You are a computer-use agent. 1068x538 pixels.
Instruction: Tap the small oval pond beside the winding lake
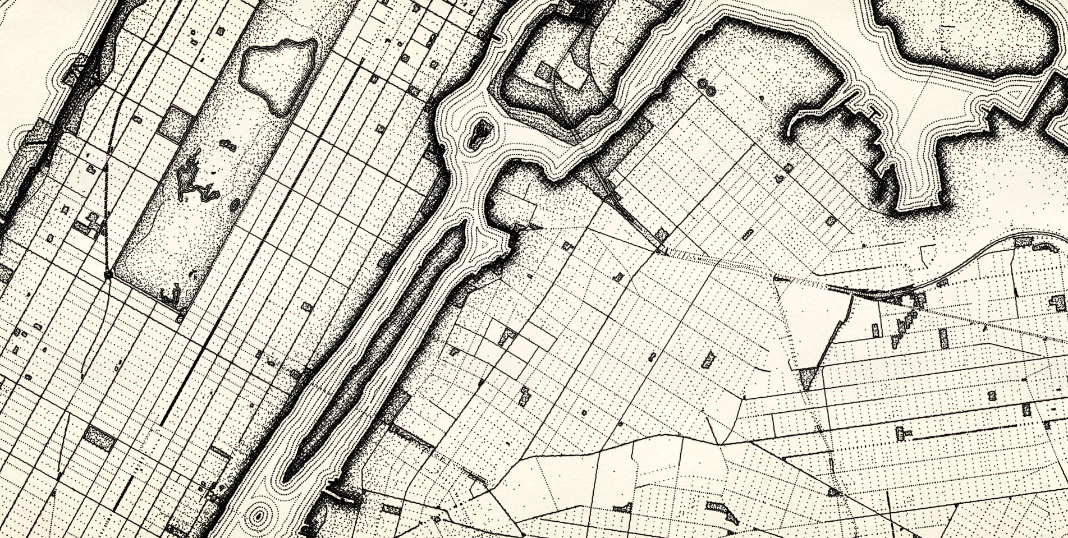[235, 205]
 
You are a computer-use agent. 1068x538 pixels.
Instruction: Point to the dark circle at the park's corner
[108, 274]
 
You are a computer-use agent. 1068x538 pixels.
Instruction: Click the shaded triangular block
[807, 378]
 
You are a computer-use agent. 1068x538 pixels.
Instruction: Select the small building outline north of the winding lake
[229, 146]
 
